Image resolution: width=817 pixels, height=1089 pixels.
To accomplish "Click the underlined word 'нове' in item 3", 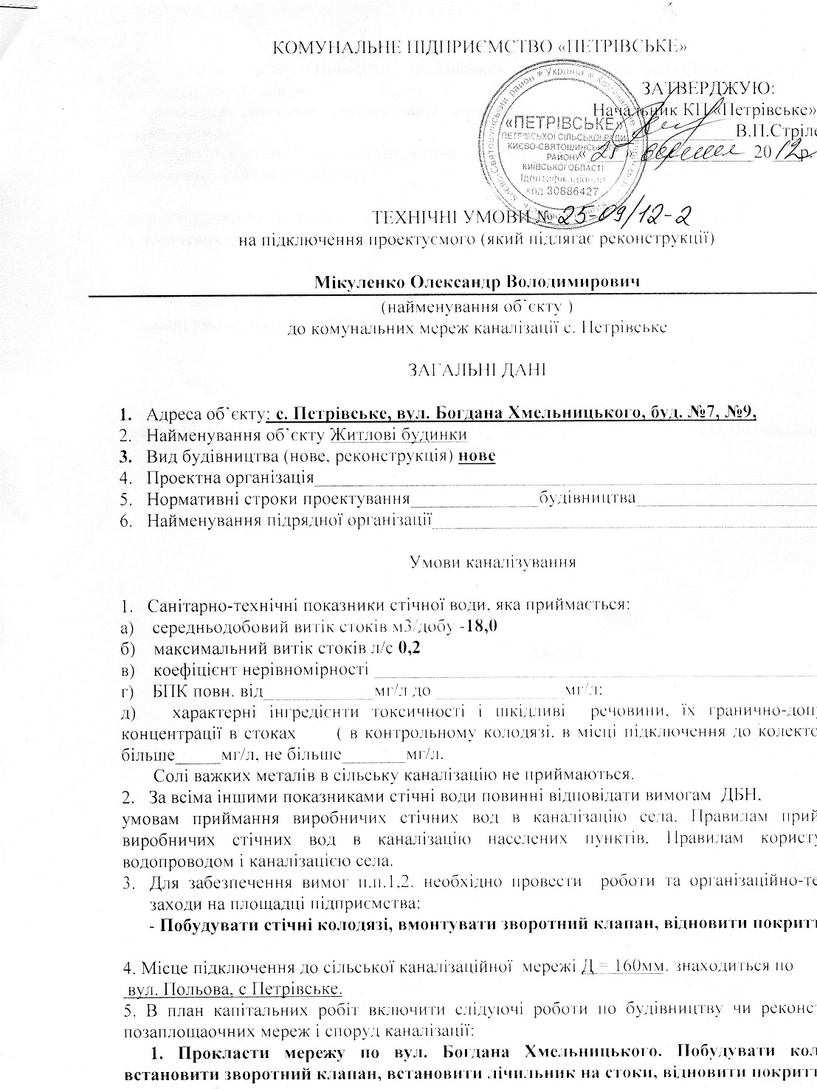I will pos(477,455).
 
